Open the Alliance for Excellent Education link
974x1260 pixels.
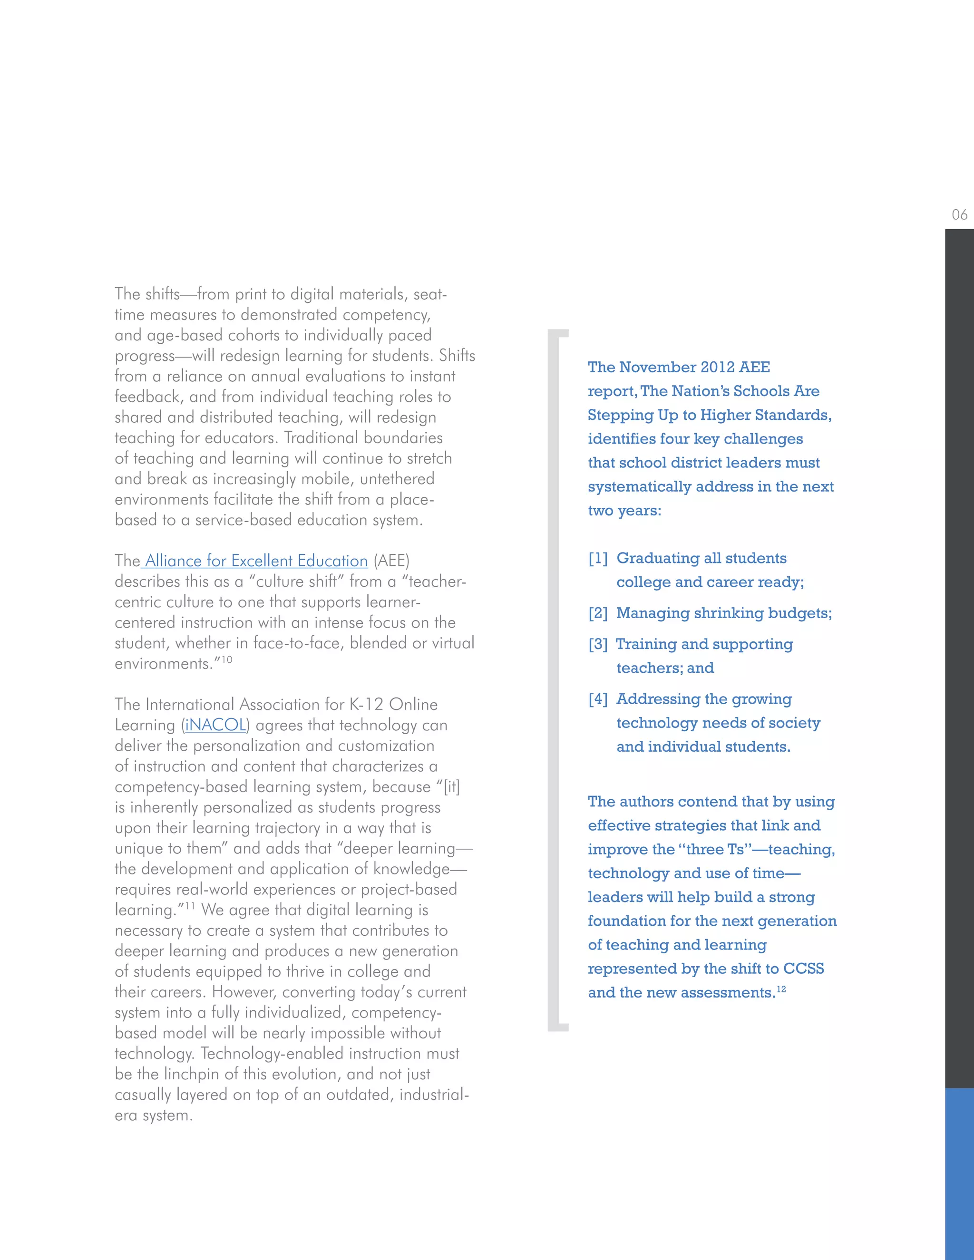point(256,561)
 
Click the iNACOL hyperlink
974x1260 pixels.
point(216,725)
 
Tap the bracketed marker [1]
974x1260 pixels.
point(598,559)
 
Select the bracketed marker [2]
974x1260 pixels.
point(598,613)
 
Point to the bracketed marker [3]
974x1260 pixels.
point(598,644)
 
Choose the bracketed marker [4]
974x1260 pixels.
point(598,699)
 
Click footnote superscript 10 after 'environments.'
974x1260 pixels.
point(227,659)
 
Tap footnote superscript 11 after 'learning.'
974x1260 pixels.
point(190,906)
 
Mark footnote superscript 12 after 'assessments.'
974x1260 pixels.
point(781,989)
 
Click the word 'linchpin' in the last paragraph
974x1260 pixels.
point(196,1074)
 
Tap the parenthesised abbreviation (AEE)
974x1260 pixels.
point(391,561)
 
